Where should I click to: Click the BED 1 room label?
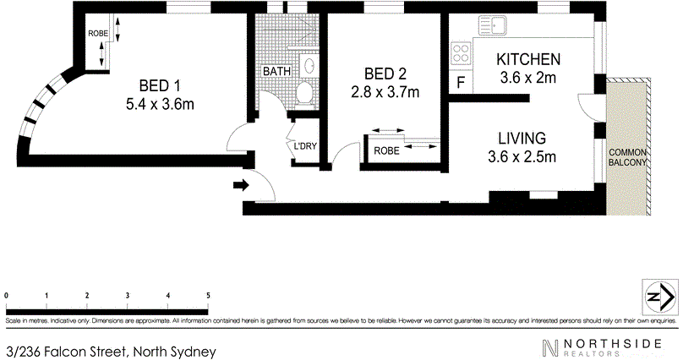160,85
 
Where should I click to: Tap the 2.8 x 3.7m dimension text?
385,92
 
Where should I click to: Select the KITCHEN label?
528,59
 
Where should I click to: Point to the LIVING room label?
522,139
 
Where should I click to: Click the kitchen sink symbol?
493,25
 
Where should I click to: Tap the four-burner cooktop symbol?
461,53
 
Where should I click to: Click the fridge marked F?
461,82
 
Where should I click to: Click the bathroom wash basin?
309,66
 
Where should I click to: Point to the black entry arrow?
241,185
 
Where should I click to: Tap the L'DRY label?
305,146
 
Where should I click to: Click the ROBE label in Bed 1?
97,34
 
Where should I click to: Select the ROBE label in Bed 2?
386,150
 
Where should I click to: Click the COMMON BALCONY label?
627,157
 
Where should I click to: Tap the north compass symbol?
661,297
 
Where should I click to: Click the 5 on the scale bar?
208,295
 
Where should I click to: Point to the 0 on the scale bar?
6,295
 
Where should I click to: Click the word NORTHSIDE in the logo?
612,343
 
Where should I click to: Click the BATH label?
276,71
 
